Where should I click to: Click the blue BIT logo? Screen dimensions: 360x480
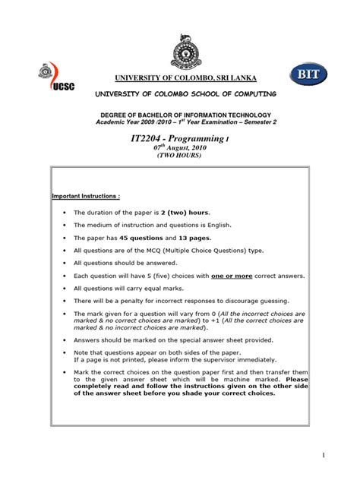coord(308,74)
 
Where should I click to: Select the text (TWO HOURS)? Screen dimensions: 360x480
coord(179,156)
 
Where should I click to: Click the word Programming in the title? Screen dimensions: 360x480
coord(203,141)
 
